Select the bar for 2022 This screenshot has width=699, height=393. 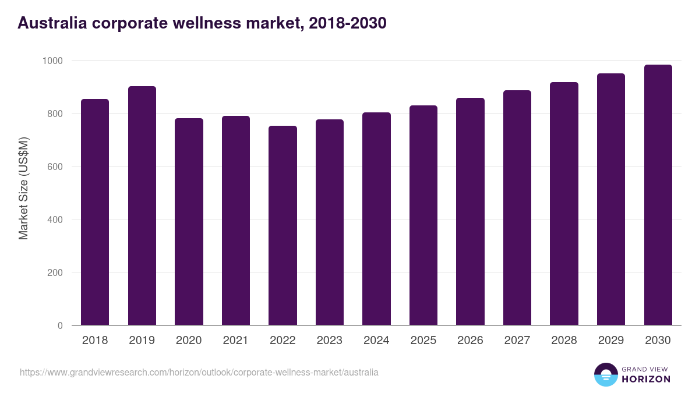tap(283, 225)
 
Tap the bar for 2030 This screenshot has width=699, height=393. tap(658, 195)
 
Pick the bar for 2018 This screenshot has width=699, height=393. tap(95, 212)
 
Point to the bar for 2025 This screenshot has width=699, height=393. tap(423, 215)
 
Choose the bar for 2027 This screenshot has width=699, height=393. tap(517, 208)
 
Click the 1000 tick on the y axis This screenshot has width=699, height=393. tap(52, 61)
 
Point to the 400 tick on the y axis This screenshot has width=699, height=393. tap(55, 219)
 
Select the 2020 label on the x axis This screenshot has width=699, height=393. tap(189, 341)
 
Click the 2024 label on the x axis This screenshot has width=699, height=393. tap(376, 341)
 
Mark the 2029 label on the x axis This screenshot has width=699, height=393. tap(611, 341)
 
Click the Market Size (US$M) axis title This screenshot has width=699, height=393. tap(23, 188)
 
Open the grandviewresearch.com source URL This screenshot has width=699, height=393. tap(199, 372)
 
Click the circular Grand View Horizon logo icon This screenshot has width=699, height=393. tap(605, 374)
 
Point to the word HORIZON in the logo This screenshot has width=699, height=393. tap(645, 379)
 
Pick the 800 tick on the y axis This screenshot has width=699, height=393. tap(55, 114)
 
